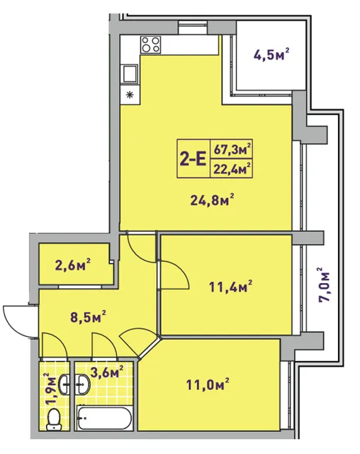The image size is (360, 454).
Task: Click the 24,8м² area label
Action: pos(212,199)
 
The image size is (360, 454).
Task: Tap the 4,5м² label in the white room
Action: pos(271,54)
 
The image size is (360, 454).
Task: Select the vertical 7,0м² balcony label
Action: pos(324,285)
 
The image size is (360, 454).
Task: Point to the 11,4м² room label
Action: pos(230,287)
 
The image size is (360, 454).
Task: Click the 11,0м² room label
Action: pos(208,384)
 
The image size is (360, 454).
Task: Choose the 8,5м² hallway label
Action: pos(88,317)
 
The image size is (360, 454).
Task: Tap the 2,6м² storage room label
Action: pos(72,265)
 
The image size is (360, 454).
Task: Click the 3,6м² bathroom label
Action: pos(107,372)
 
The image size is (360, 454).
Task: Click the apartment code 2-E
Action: pos(193,159)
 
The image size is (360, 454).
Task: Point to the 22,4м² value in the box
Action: pos(232,169)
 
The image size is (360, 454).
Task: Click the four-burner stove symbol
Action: pos(151,45)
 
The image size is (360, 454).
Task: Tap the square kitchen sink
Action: pos(130,74)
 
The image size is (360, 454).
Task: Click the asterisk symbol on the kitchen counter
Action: pos(130,94)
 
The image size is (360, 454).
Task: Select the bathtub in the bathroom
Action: pos(105,418)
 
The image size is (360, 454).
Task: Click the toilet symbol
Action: pos(54,419)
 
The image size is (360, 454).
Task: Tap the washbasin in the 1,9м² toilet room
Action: pos(64,384)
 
